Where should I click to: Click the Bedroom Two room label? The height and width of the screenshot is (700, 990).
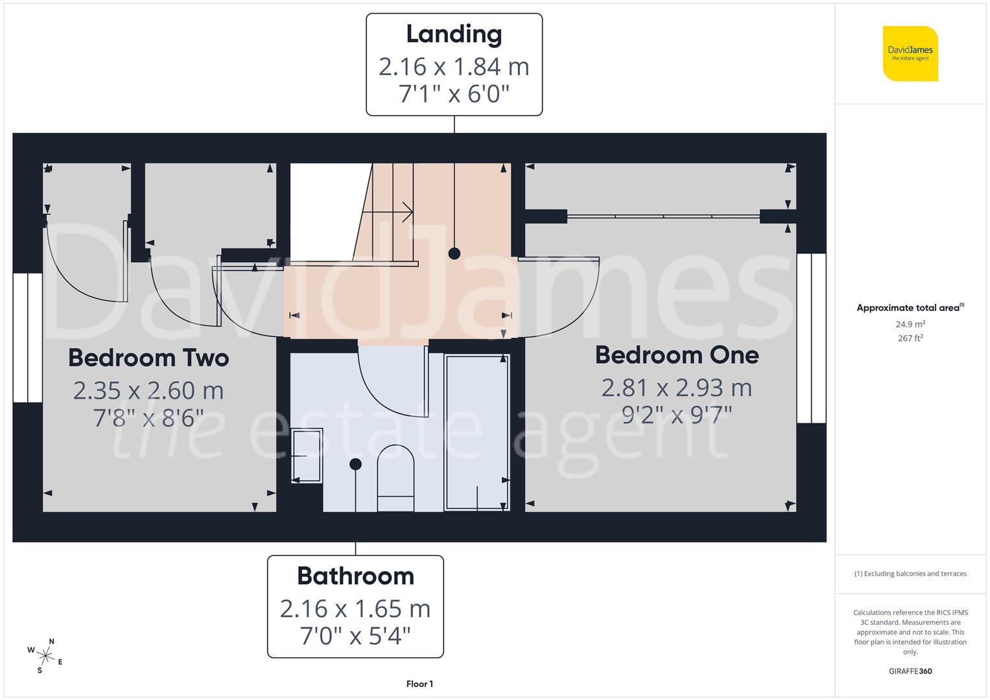(148, 358)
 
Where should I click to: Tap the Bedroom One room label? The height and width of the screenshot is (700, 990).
(677, 355)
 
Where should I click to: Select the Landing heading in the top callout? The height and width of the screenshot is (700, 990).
(454, 34)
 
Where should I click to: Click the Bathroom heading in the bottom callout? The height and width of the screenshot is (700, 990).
(355, 576)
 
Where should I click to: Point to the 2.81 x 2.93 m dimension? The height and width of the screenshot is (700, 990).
(677, 388)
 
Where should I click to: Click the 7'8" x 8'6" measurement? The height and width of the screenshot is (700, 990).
(148, 418)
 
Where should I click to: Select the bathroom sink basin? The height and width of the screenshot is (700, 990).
(307, 456)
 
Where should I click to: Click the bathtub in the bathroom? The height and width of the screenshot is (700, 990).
(477, 432)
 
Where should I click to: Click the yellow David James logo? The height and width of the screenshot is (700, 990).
(910, 54)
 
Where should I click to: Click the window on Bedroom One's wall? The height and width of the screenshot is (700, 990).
(811, 338)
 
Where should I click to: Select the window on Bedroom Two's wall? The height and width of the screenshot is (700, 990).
(27, 338)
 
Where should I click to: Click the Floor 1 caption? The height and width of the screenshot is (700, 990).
(419, 684)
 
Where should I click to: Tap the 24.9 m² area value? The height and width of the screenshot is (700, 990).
(910, 324)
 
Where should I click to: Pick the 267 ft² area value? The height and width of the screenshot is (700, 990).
(910, 338)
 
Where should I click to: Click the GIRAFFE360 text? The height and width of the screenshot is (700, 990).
(910, 671)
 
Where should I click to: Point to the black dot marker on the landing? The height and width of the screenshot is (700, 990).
(454, 253)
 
